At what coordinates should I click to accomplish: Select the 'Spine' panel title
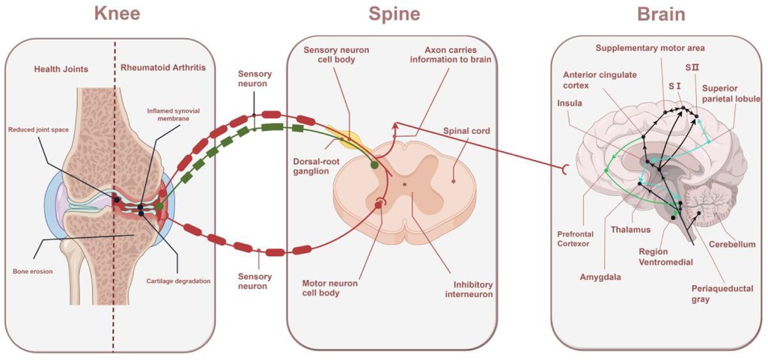(394, 14)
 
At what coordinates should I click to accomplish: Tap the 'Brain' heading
(661, 14)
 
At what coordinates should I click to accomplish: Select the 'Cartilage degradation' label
(178, 281)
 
